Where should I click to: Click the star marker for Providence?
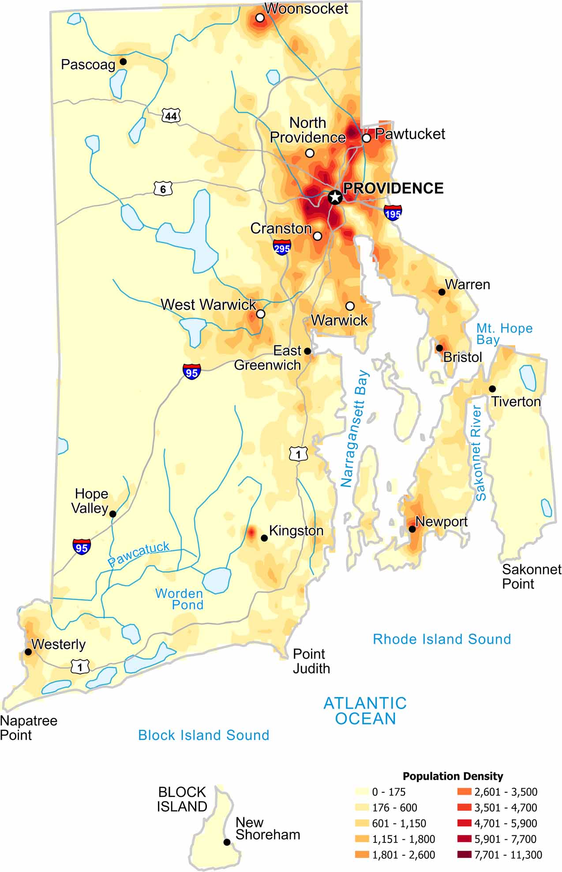(335, 197)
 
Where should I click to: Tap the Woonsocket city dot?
(260, 18)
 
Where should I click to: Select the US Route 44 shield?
(171, 116)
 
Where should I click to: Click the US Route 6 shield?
(163, 189)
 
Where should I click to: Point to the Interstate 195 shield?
(393, 213)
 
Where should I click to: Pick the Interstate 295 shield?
(282, 247)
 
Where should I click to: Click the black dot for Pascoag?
(124, 62)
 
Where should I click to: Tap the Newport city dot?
(412, 529)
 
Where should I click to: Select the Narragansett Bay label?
(355, 429)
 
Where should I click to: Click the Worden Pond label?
(180, 599)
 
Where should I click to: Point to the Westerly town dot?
(28, 652)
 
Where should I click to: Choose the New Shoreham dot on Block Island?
(227, 842)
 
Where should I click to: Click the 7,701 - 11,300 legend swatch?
(465, 855)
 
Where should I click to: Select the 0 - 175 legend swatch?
(362, 792)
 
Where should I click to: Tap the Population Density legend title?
(453, 776)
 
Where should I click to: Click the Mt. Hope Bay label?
(504, 334)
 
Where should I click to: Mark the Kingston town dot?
(264, 538)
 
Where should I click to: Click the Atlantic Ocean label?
(365, 711)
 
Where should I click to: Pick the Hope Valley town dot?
(113, 514)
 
